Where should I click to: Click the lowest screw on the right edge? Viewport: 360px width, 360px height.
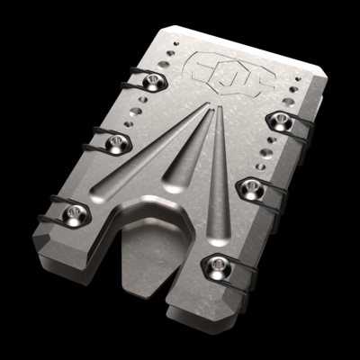(213, 262)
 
